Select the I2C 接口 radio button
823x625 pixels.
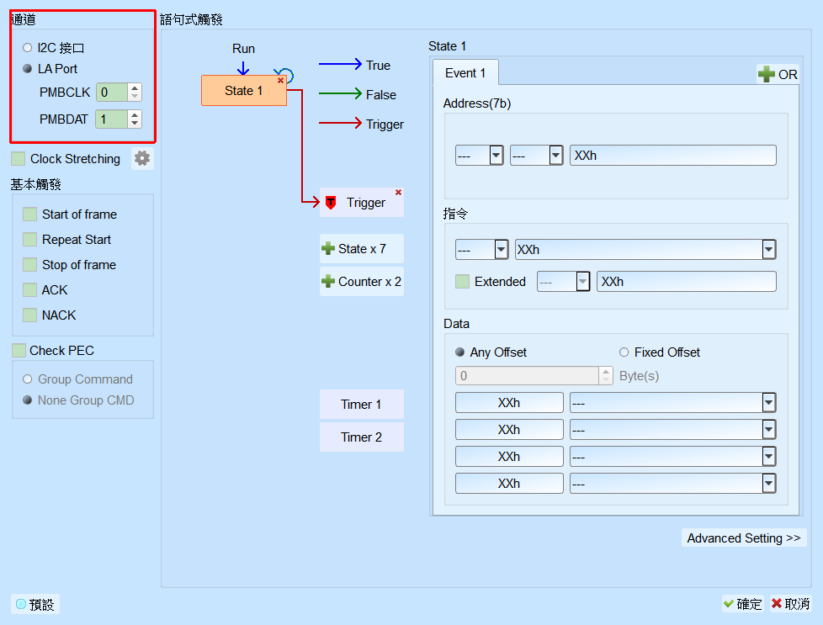[x=27, y=48]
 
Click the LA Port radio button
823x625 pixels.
[x=27, y=69]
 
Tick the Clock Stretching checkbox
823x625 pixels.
[x=19, y=158]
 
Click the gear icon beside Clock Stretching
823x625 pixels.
[x=142, y=158]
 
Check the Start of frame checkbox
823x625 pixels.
[x=30, y=215]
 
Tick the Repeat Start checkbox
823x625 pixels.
[x=30, y=239]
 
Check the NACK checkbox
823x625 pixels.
[x=30, y=315]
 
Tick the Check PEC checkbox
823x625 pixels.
[x=19, y=351]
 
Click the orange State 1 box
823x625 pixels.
[x=243, y=90]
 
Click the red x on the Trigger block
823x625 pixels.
[x=398, y=192]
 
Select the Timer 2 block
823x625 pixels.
[x=362, y=437]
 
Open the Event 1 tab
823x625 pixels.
[x=465, y=73]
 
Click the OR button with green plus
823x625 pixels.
[x=778, y=75]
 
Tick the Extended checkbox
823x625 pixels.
[x=463, y=281]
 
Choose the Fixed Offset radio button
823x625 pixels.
[x=624, y=352]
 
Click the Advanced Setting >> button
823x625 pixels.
[x=744, y=538]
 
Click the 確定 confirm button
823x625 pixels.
[x=743, y=604]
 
